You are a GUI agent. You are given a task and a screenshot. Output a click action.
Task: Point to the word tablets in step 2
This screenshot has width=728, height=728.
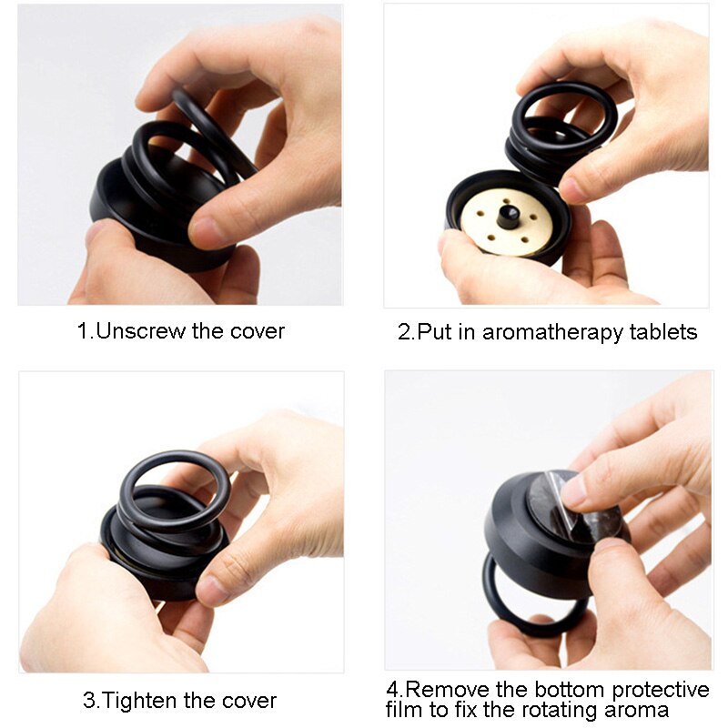tap(663, 332)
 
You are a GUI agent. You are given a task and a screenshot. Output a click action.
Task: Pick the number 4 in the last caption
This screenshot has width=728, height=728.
tap(392, 688)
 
